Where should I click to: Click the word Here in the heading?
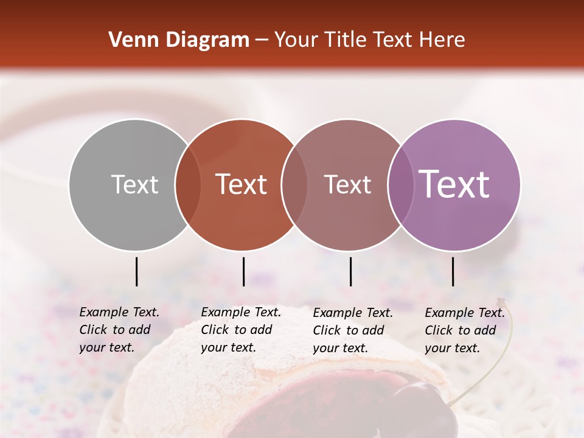[443, 40]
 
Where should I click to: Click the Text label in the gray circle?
[134, 184]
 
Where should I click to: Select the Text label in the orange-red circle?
[242, 184]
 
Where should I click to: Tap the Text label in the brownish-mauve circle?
[348, 184]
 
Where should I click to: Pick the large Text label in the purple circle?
[454, 184]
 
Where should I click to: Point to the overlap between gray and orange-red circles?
[188, 184]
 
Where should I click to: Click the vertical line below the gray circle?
[136, 271]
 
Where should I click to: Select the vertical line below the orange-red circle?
[243, 271]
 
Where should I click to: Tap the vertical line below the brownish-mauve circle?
[350, 271]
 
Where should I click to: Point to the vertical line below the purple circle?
[453, 271]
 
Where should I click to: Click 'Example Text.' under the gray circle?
[119, 312]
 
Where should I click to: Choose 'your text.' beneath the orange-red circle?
[228, 347]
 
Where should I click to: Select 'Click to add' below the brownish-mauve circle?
[349, 330]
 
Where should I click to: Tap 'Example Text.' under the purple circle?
[465, 313]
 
